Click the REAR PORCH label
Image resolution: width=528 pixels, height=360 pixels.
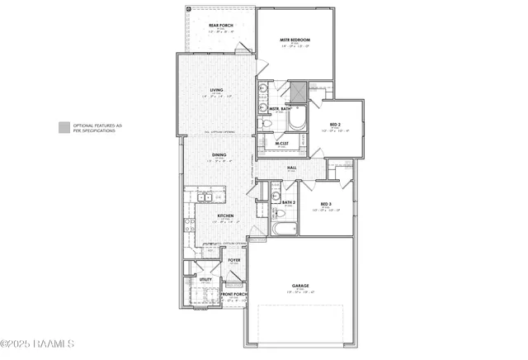220,26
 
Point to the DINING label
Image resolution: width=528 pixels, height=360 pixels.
219,154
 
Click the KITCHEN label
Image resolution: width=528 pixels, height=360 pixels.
225,216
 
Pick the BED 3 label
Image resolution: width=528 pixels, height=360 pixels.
327,203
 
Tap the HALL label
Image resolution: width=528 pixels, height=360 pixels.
291,168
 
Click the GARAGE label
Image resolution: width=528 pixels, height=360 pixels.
299,287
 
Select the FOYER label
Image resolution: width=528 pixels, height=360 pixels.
234,260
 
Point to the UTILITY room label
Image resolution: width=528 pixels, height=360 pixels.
205,280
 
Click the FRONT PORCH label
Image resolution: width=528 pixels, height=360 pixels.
233,295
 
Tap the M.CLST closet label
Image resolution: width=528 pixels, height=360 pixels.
281,143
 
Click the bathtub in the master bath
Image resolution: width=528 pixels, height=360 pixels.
295,119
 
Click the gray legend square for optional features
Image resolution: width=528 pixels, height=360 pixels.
64,126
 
